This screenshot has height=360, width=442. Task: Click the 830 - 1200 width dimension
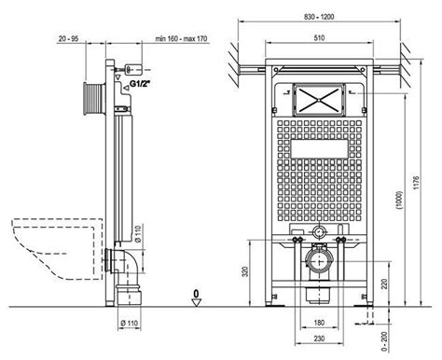click(319, 17)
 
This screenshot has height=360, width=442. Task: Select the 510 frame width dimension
click(319, 38)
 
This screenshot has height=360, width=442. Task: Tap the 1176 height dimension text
click(417, 183)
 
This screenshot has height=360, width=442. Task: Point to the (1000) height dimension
click(400, 201)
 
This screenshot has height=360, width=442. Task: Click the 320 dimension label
click(245, 271)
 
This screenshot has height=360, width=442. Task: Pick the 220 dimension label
click(384, 284)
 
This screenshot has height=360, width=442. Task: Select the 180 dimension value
click(319, 323)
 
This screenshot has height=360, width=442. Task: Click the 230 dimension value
click(319, 339)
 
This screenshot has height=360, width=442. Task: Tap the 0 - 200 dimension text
click(384, 342)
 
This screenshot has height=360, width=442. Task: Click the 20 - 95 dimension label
click(68, 39)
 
